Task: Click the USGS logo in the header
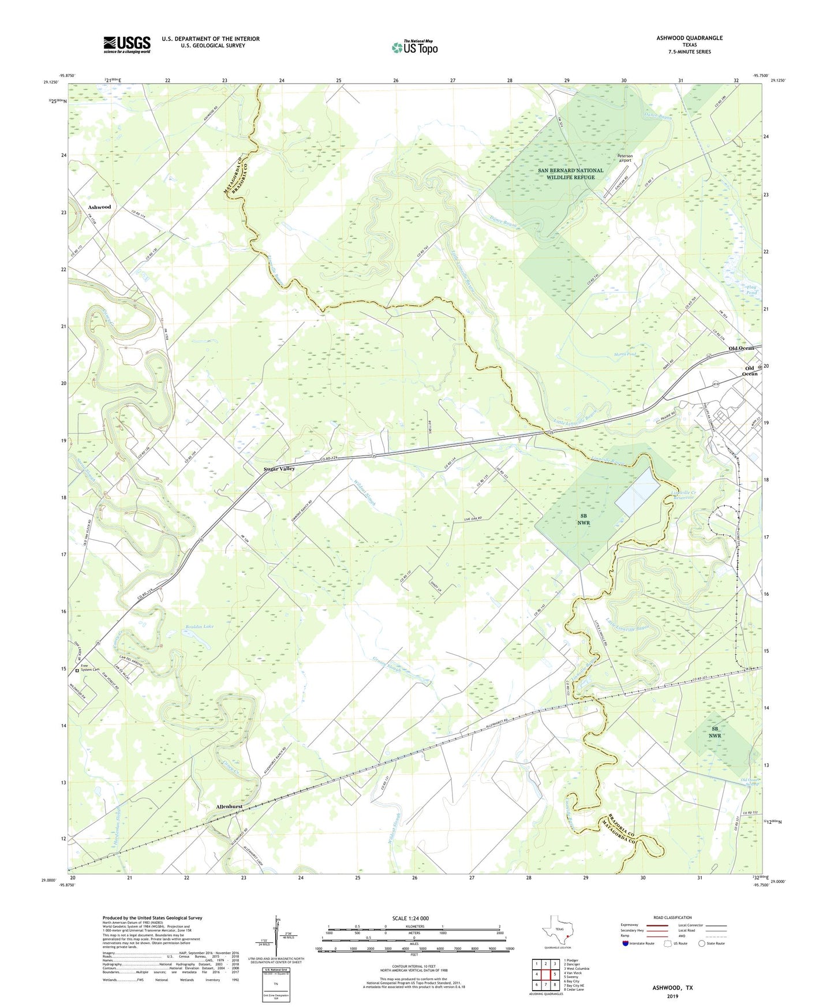pyautogui.click(x=127, y=44)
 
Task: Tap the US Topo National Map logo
pyautogui.click(x=414, y=47)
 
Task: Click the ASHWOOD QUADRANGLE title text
pyautogui.click(x=689, y=38)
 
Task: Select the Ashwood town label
pyautogui.click(x=99, y=207)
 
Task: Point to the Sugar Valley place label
pyautogui.click(x=279, y=469)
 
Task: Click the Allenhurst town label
pyautogui.click(x=229, y=807)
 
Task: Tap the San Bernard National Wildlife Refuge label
pyautogui.click(x=570, y=174)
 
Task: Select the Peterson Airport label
pyautogui.click(x=625, y=158)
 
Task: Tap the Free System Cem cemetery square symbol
pyautogui.click(x=77, y=671)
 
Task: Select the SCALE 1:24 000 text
pyautogui.click(x=410, y=919)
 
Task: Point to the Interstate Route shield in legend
pyautogui.click(x=625, y=943)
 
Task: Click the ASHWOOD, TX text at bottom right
pyautogui.click(x=672, y=988)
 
